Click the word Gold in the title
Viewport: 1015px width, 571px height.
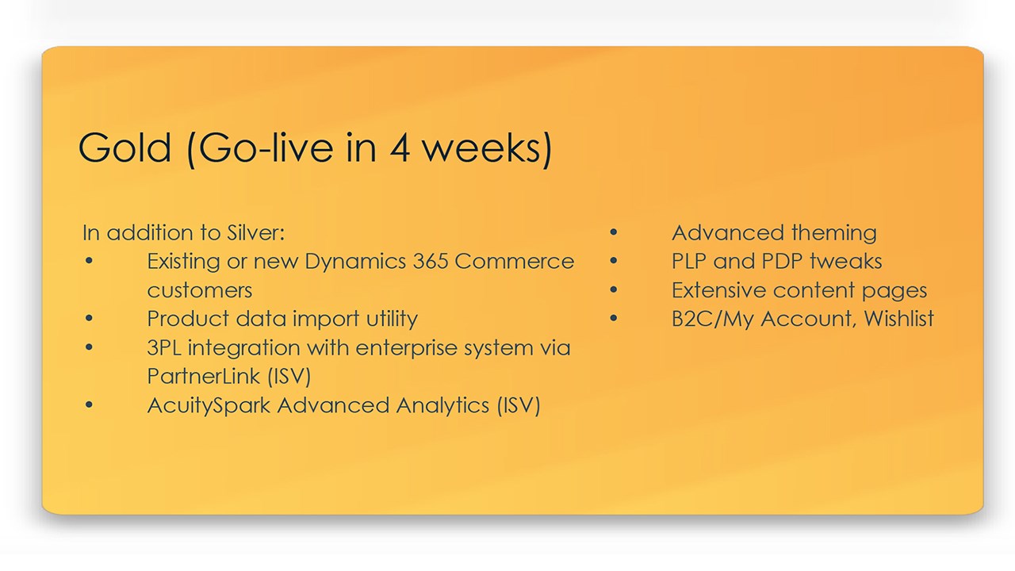point(124,148)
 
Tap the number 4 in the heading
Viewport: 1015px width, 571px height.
point(400,148)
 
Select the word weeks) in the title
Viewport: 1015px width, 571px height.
point(488,148)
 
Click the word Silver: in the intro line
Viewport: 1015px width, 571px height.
point(255,233)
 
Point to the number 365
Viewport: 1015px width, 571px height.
point(431,262)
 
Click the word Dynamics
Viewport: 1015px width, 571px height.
point(356,263)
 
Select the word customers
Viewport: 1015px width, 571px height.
point(199,290)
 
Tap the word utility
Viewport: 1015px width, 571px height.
point(392,320)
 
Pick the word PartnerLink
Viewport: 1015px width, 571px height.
point(204,376)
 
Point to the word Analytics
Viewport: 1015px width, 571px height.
point(442,405)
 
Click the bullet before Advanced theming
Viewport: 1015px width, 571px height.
point(614,232)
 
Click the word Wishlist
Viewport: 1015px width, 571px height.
point(899,319)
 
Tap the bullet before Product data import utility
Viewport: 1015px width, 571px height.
point(89,319)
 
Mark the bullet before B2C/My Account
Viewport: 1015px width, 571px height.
point(614,319)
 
